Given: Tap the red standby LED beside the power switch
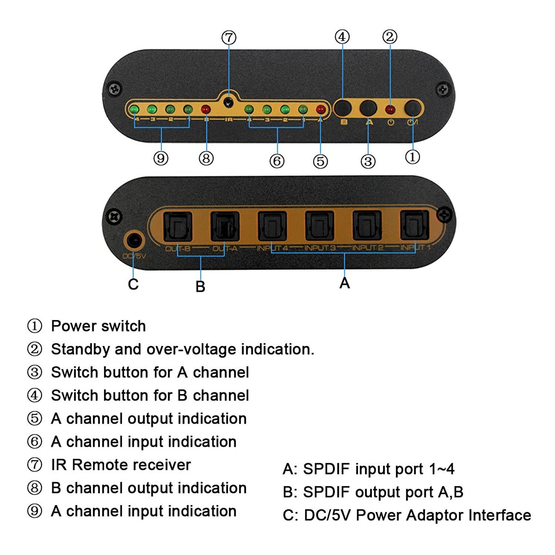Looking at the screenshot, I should tap(390, 110).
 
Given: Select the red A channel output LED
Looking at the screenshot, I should tap(321, 110).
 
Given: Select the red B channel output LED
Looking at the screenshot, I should tap(206, 110).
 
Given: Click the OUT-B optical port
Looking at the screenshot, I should tap(178, 226).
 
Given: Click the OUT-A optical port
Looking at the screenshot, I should tap(225, 226).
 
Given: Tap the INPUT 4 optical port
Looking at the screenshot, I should tap(272, 226).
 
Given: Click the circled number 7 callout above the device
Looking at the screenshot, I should tap(229, 37).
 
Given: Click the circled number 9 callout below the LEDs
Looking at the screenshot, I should tap(161, 158).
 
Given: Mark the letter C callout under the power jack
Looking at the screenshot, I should tap(133, 284).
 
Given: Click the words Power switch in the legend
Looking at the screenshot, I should tap(98, 326).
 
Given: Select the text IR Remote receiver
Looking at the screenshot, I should tap(121, 465).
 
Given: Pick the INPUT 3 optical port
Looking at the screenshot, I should tap(319, 226).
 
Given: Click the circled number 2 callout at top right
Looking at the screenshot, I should tap(390, 37).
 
